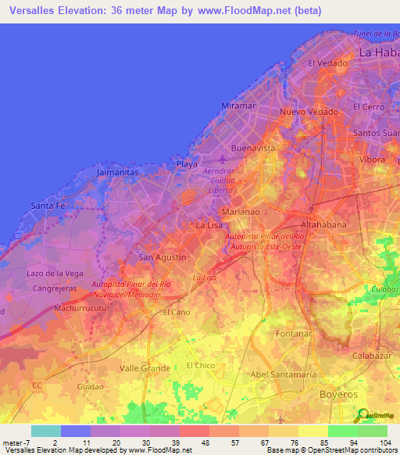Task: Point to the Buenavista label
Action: click(253, 147)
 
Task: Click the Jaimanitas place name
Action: click(119, 170)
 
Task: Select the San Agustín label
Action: click(162, 257)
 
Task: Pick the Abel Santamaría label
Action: click(284, 375)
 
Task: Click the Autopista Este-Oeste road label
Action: click(265, 246)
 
